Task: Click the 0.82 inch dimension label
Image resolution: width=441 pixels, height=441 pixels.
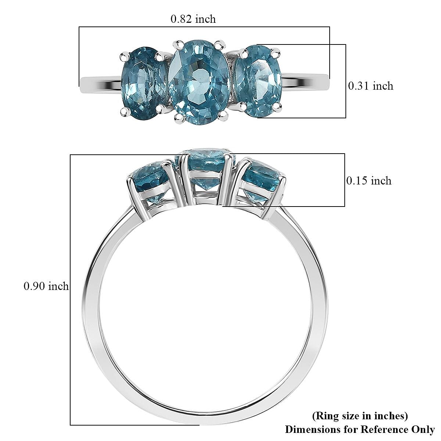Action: click(x=193, y=19)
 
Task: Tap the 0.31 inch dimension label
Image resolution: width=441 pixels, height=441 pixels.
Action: click(x=370, y=86)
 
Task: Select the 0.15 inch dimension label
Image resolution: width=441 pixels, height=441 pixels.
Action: click(x=369, y=180)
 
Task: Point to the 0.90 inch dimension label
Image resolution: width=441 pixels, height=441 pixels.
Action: click(x=46, y=286)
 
